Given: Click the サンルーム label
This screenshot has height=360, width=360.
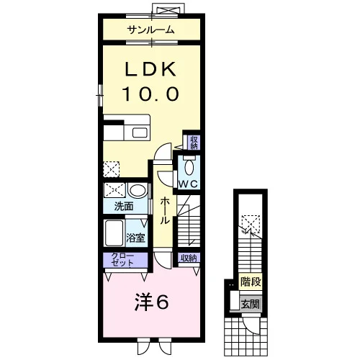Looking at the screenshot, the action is tap(150, 30).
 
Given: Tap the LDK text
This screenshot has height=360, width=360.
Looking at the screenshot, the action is tap(151, 69).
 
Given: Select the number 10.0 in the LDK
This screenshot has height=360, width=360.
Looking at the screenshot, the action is tap(151, 94).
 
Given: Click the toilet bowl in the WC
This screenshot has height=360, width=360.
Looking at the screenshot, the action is tap(189, 166).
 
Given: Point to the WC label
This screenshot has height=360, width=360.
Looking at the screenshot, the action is tap(189, 184).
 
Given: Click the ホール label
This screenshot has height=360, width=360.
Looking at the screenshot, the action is tap(165, 211).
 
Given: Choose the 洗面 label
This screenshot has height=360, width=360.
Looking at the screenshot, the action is tap(124, 207).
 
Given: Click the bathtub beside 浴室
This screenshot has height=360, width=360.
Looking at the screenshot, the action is tap(114, 233).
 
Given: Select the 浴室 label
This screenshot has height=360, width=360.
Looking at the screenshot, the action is tap(135, 238).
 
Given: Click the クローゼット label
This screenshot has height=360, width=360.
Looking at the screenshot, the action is tap(122, 260).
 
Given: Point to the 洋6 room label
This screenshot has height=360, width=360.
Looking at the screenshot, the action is tap(151, 302).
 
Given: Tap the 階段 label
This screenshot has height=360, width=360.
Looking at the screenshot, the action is tap(251, 282).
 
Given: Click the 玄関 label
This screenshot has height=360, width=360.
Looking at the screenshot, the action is tap(251, 305).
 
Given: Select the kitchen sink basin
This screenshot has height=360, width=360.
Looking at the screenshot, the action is tap(140, 133).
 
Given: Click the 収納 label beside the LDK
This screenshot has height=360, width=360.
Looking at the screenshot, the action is tap(194, 143).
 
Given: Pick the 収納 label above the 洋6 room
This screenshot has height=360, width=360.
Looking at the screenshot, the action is tap(189, 258).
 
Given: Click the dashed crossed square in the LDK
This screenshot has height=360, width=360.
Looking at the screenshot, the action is tap(112, 169).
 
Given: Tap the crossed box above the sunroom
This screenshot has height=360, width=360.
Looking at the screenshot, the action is tap(169, 11).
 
